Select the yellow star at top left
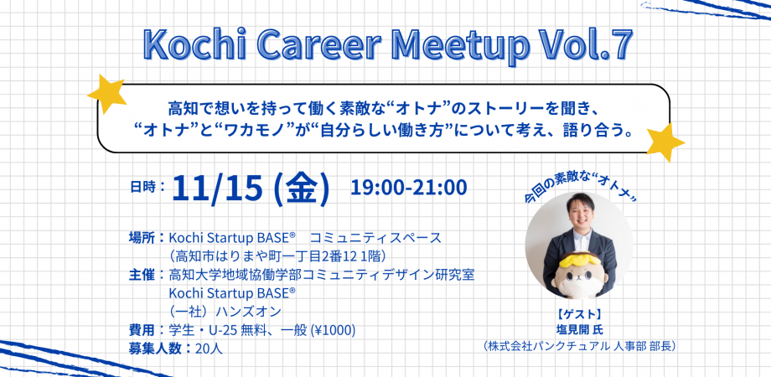click(106, 92)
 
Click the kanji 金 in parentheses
click(301, 189)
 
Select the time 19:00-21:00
click(408, 186)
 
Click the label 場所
click(146, 237)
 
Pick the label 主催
click(146, 275)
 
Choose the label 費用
click(146, 330)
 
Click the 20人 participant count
click(208, 349)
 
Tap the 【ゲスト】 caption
click(579, 313)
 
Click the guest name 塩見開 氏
click(579, 328)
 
